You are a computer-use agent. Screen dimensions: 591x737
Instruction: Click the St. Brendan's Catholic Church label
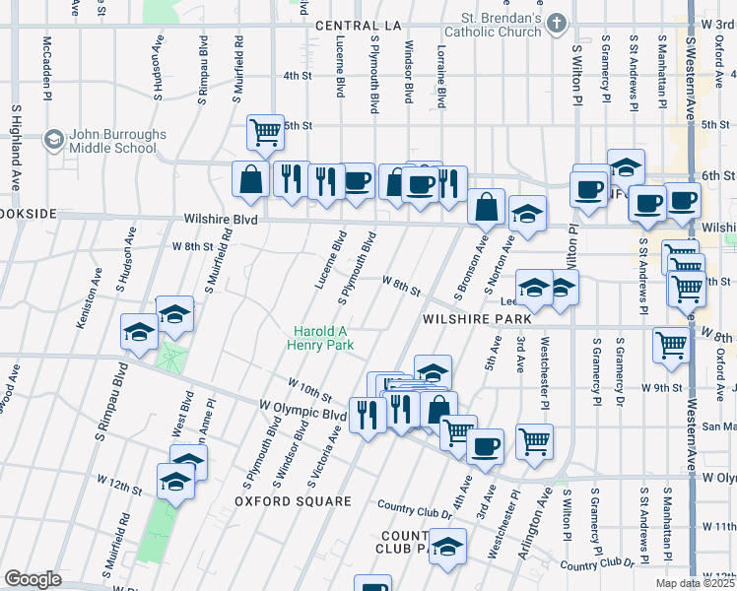click(502, 24)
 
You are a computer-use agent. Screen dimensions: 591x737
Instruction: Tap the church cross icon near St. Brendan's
click(557, 22)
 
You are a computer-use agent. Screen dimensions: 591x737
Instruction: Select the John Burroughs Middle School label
click(112, 141)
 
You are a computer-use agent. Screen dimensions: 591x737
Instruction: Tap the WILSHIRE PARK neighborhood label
click(477, 319)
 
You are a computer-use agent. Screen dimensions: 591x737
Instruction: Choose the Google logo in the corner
click(33, 579)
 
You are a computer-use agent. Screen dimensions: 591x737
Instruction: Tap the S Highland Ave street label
click(16, 136)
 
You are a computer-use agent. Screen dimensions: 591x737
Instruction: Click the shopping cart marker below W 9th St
click(671, 346)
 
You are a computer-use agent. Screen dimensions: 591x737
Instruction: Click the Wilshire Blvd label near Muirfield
click(220, 220)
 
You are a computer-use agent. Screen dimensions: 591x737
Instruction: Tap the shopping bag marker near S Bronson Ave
click(487, 207)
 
